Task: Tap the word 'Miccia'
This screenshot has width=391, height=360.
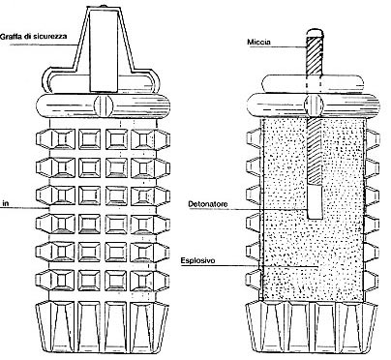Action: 258,42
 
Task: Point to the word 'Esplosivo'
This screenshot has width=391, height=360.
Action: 197,260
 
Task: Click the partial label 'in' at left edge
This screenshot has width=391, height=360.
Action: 5,203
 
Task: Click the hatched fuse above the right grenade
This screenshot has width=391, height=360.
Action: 315,56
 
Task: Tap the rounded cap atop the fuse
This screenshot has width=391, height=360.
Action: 315,33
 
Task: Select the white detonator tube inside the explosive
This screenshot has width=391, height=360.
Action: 315,201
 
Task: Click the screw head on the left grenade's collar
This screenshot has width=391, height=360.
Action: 104,105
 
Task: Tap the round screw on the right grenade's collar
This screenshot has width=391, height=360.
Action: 314,105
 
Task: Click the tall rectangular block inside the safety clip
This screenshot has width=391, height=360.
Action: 104,50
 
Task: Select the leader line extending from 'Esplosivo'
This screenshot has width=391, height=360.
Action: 250,266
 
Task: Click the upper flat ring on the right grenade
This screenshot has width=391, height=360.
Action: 313,83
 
